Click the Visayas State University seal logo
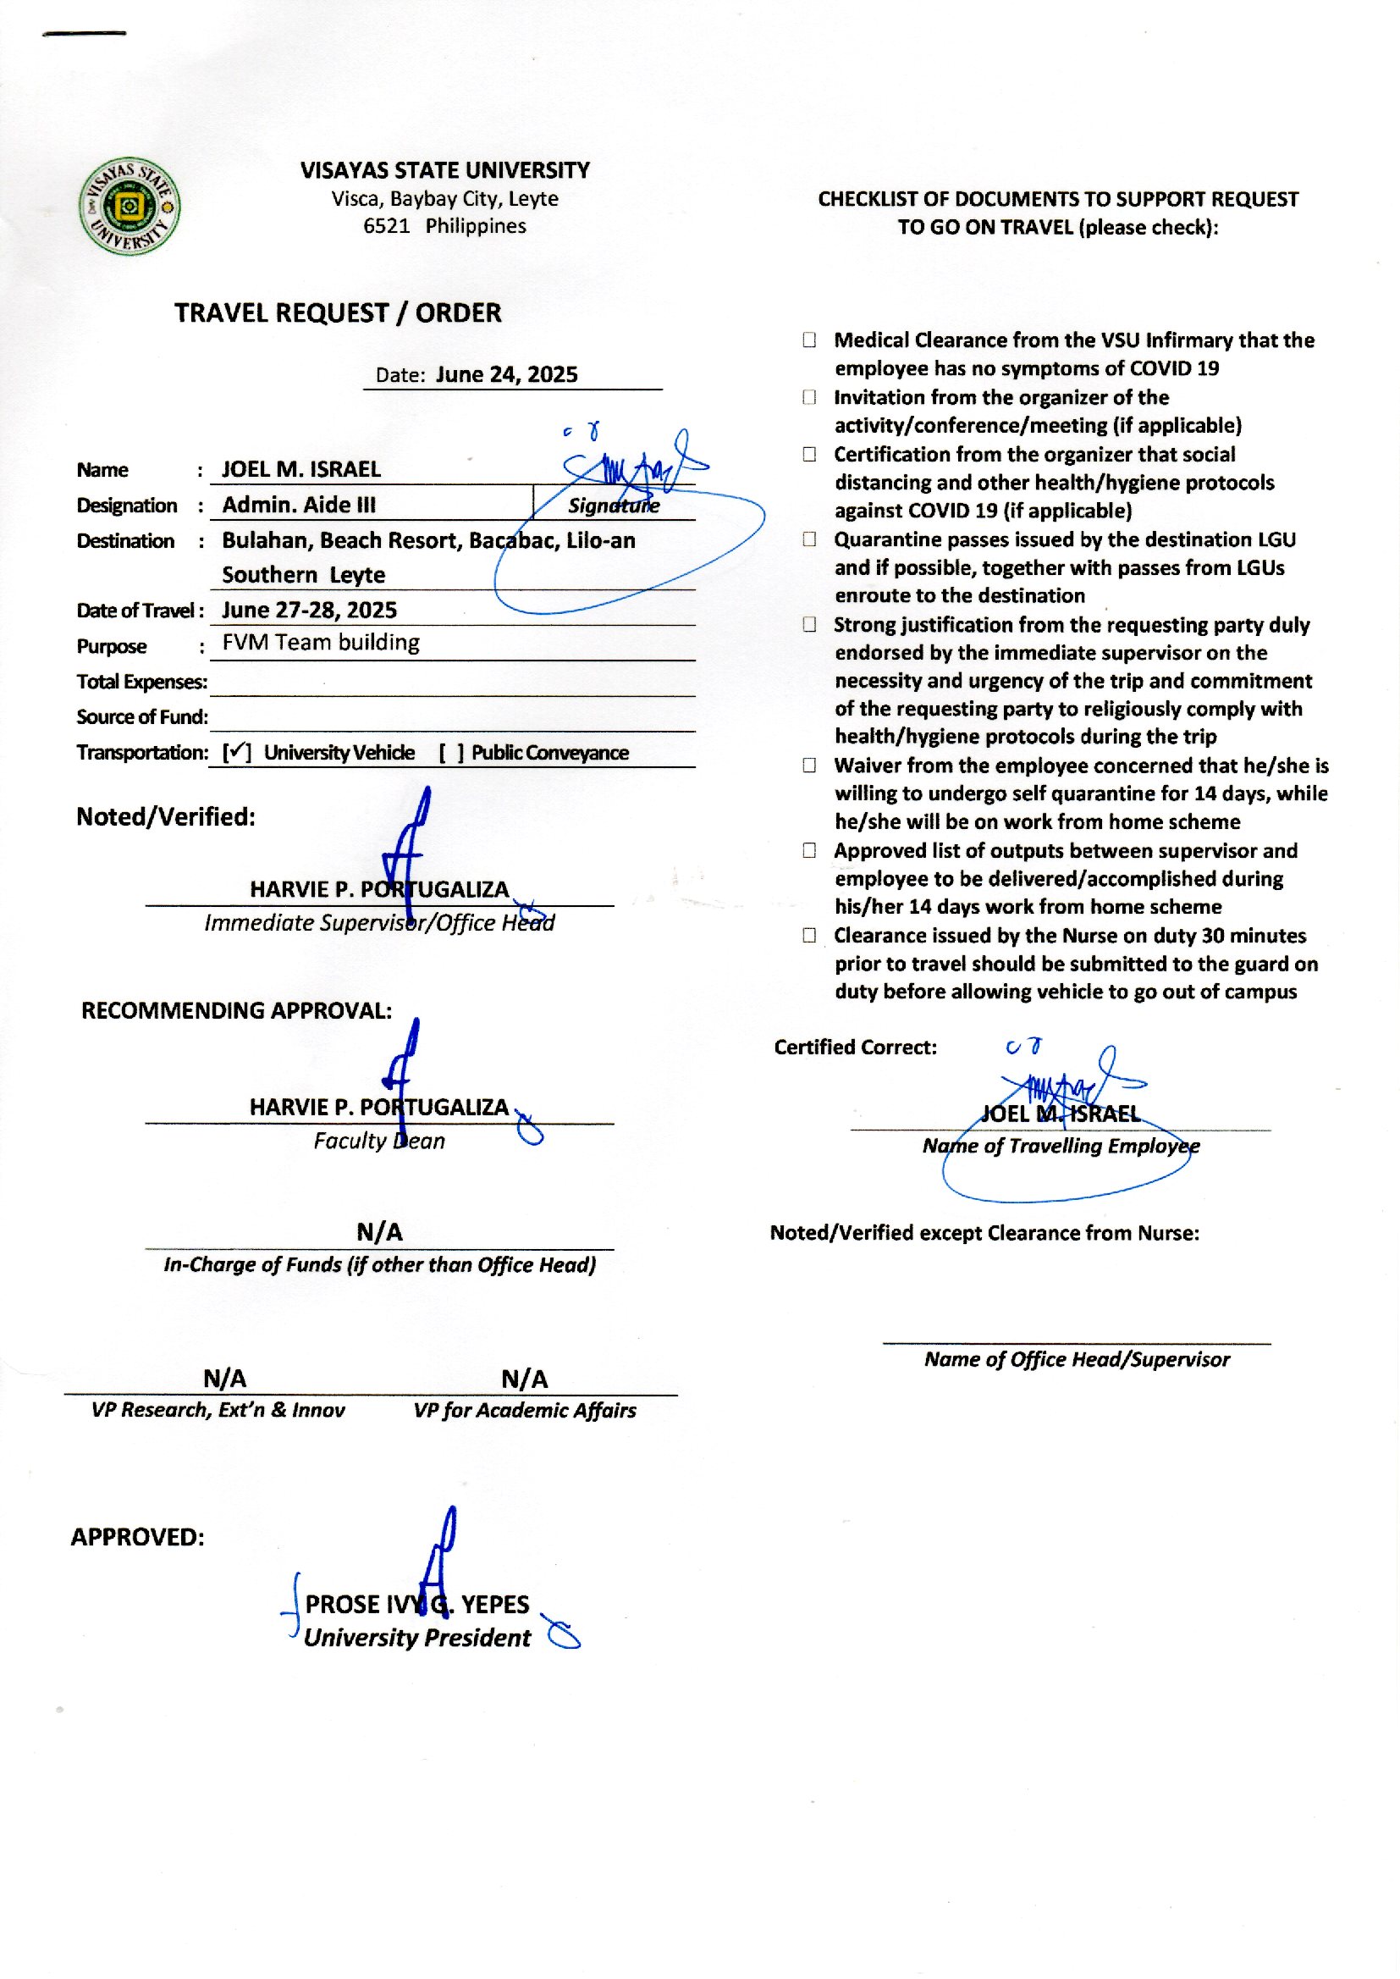130,207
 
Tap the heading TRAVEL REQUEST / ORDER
337,312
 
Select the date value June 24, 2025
506,374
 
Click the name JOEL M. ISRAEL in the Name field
300,469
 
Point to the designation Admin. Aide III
298,505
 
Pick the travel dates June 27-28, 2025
309,610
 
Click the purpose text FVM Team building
321,643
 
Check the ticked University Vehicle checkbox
236,752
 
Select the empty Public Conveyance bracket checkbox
451,753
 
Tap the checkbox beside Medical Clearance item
808,340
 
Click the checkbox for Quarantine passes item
808,539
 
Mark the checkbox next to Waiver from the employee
808,765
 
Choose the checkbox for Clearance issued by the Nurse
808,935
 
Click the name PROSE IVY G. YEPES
416,1604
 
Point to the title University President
416,1638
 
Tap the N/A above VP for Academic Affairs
524,1379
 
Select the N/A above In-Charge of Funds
379,1232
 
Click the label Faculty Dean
379,1141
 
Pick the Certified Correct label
854,1047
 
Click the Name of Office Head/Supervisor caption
1077,1359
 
